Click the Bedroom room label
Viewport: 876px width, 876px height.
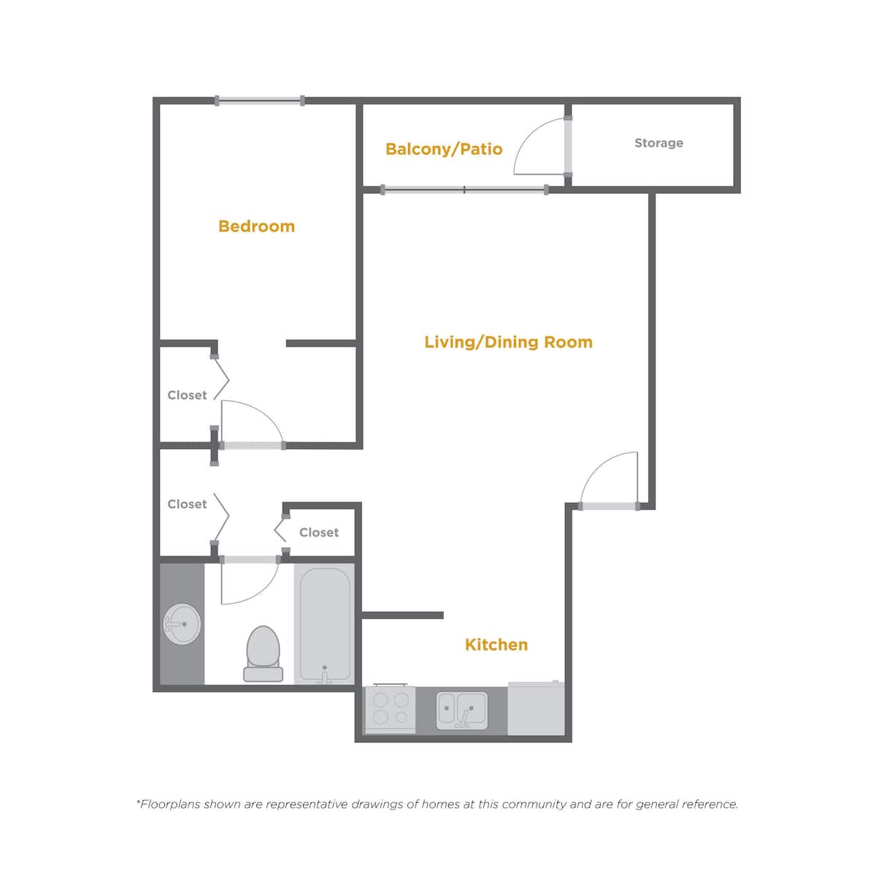coord(256,226)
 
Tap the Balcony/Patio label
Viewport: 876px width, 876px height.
coord(444,149)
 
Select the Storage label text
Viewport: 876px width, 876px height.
coord(658,143)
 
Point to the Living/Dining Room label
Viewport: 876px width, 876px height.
coord(508,342)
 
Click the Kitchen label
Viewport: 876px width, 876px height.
coord(496,645)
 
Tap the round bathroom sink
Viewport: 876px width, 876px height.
coord(182,624)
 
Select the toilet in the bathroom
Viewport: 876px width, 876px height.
coord(263,653)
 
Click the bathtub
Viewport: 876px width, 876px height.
coord(325,624)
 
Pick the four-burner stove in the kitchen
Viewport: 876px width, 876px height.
coord(390,709)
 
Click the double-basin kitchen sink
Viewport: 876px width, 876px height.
coord(462,710)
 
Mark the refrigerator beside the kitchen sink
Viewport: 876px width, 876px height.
coord(536,708)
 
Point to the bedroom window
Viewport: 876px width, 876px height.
coord(259,101)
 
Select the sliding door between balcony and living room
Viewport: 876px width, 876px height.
coord(464,190)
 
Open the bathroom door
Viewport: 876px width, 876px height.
coord(250,560)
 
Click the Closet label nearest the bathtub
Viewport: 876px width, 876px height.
coord(319,532)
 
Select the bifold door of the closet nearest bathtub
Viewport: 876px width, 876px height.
coord(280,529)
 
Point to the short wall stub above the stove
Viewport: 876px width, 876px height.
coord(402,615)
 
